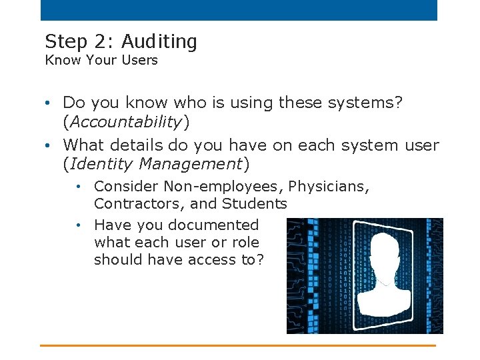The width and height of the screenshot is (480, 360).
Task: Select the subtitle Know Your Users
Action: click(101, 60)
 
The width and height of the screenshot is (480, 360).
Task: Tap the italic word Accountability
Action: click(126, 121)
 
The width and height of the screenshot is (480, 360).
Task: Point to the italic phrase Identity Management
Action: click(156, 163)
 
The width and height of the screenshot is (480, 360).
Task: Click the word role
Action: click(244, 242)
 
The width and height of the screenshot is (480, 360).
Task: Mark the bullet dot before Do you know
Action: click(50, 103)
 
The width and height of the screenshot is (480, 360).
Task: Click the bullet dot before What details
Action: click(50, 145)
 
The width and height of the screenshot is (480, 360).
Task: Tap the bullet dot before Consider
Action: click(79, 187)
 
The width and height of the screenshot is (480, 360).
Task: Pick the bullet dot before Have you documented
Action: click(79, 225)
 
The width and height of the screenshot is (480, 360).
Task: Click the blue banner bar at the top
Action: click(239, 10)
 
